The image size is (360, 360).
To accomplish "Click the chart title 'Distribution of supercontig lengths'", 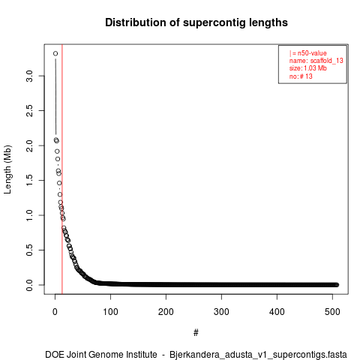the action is coord(196,22).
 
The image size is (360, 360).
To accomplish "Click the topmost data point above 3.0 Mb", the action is coord(55,53).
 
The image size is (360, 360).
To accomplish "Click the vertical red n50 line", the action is coord(62,169).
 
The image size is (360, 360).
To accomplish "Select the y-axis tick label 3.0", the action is coord(29,76).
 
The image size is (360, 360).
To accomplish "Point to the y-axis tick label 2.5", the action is coord(29,111).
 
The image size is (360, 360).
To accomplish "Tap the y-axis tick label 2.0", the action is coord(29,145).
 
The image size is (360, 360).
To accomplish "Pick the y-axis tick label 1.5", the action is coord(29,181).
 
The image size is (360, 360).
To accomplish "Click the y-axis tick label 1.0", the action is coord(29,215).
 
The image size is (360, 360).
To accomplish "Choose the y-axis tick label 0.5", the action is coord(29,250).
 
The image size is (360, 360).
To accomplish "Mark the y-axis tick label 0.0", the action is coord(29,285).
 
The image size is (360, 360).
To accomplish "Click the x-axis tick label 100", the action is coord(110,312).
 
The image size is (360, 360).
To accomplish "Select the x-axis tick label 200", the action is coord(166,312).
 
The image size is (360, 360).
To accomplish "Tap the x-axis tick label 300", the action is coord(221,312).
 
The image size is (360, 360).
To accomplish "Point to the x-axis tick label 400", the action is coord(277,312).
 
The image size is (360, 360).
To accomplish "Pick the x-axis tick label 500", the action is coord(332,312).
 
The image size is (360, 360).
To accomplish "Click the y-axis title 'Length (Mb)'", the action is coord(7,169).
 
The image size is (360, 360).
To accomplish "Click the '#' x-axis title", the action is coord(196,333).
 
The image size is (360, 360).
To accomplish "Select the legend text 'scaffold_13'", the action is coord(326,61).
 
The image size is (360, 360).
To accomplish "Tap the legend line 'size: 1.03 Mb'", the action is coord(308,68).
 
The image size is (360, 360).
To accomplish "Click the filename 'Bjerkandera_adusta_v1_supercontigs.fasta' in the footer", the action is coord(258,355).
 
